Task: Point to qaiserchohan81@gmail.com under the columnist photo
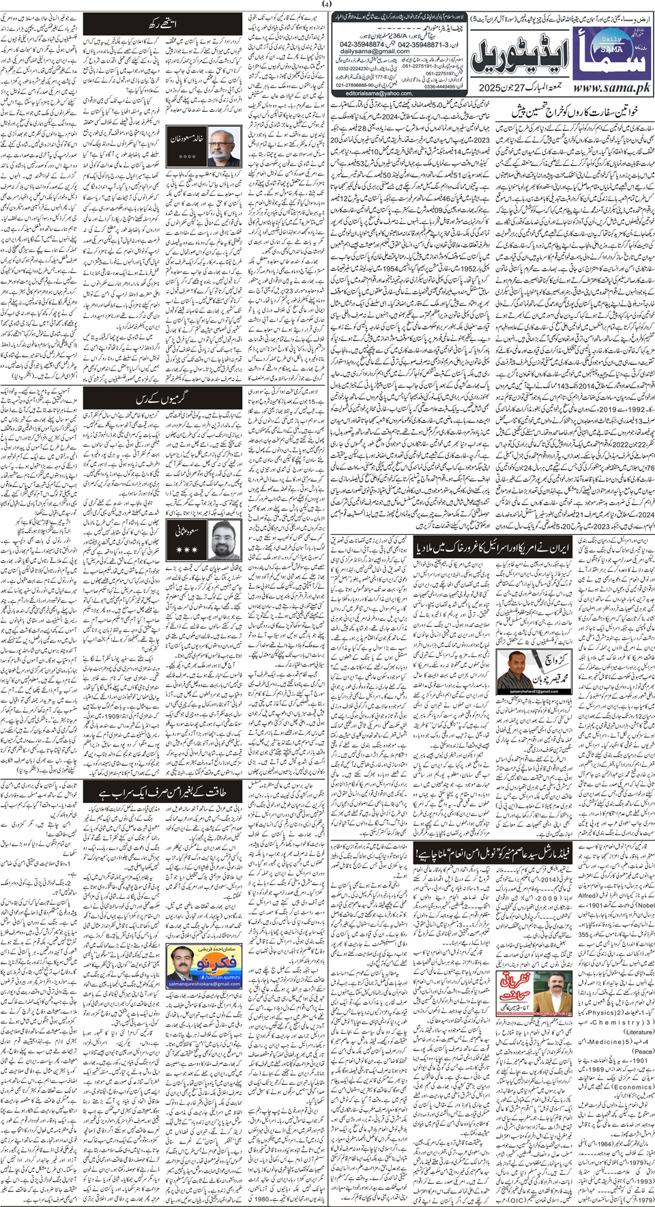(525, 690)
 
